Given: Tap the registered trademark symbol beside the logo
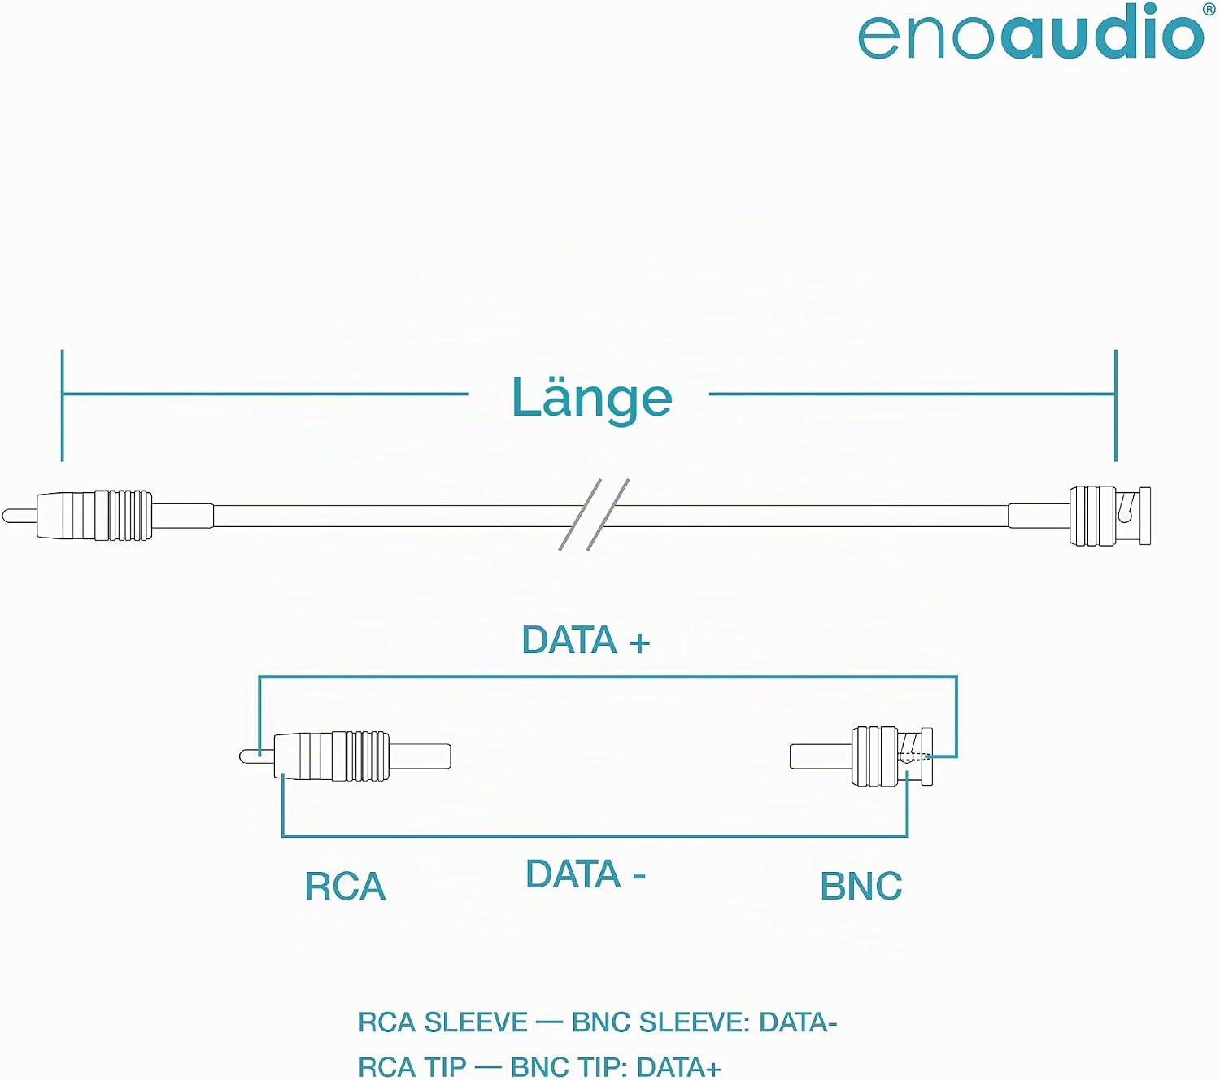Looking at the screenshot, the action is (x=1209, y=10).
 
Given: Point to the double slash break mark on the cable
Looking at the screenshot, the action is (x=594, y=514).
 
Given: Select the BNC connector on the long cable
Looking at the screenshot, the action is (x=1110, y=517).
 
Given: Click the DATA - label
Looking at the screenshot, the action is (x=586, y=874).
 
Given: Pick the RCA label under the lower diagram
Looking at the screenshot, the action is (x=345, y=887).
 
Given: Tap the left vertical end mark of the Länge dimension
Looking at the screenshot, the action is (x=62, y=405).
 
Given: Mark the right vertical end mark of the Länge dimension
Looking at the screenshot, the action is (x=1115, y=405).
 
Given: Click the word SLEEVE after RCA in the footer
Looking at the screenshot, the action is (x=476, y=1022).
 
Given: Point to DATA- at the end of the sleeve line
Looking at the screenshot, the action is (x=798, y=1022).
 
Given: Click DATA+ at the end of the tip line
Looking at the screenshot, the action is (x=678, y=1067).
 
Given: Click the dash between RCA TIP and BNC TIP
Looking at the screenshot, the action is (x=488, y=1067).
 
